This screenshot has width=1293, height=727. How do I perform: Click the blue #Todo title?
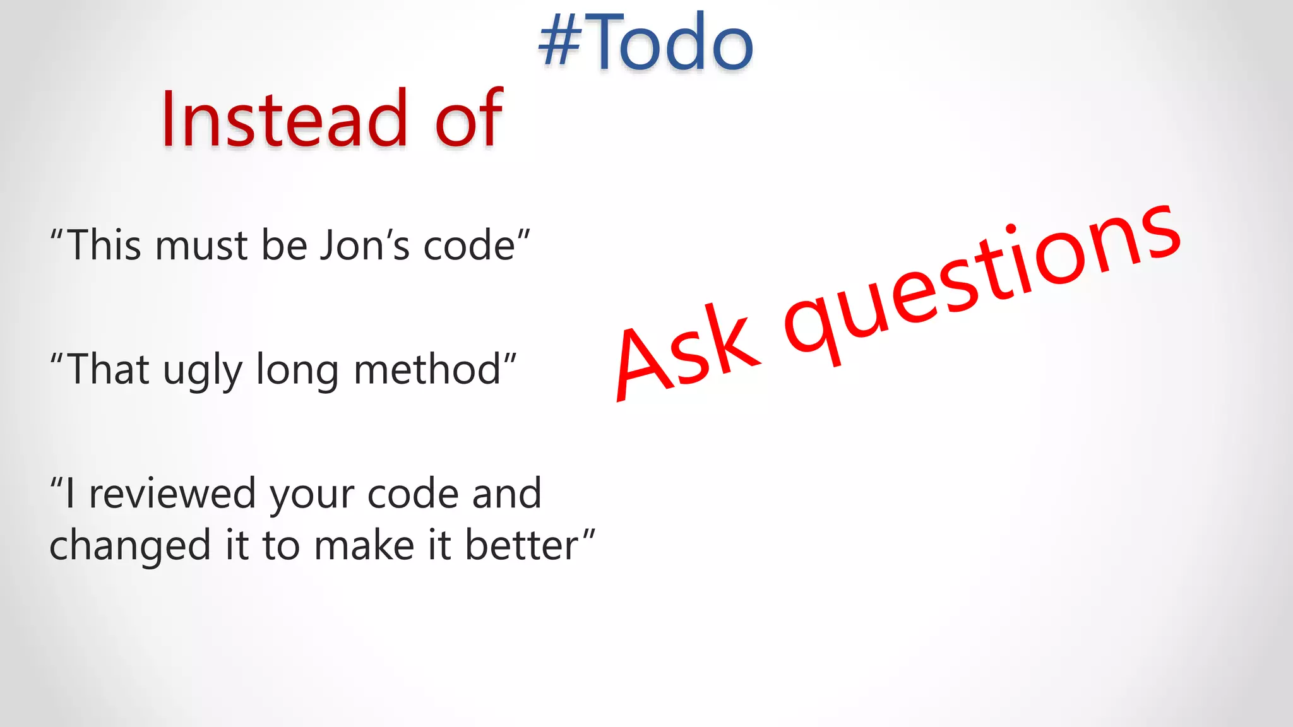click(x=646, y=42)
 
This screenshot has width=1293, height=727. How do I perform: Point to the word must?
click(x=201, y=245)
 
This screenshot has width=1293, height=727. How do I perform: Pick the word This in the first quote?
click(x=104, y=245)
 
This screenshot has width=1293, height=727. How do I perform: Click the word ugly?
click(x=202, y=371)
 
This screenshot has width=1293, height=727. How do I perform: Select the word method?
click(x=427, y=370)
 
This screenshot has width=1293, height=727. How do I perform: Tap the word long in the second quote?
click(x=297, y=371)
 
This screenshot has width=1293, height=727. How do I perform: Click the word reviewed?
click(x=172, y=494)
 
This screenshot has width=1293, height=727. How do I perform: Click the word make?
click(x=364, y=545)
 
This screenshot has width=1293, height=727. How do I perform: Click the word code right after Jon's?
click(x=469, y=245)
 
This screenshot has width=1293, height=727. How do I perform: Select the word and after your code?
click(x=506, y=494)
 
